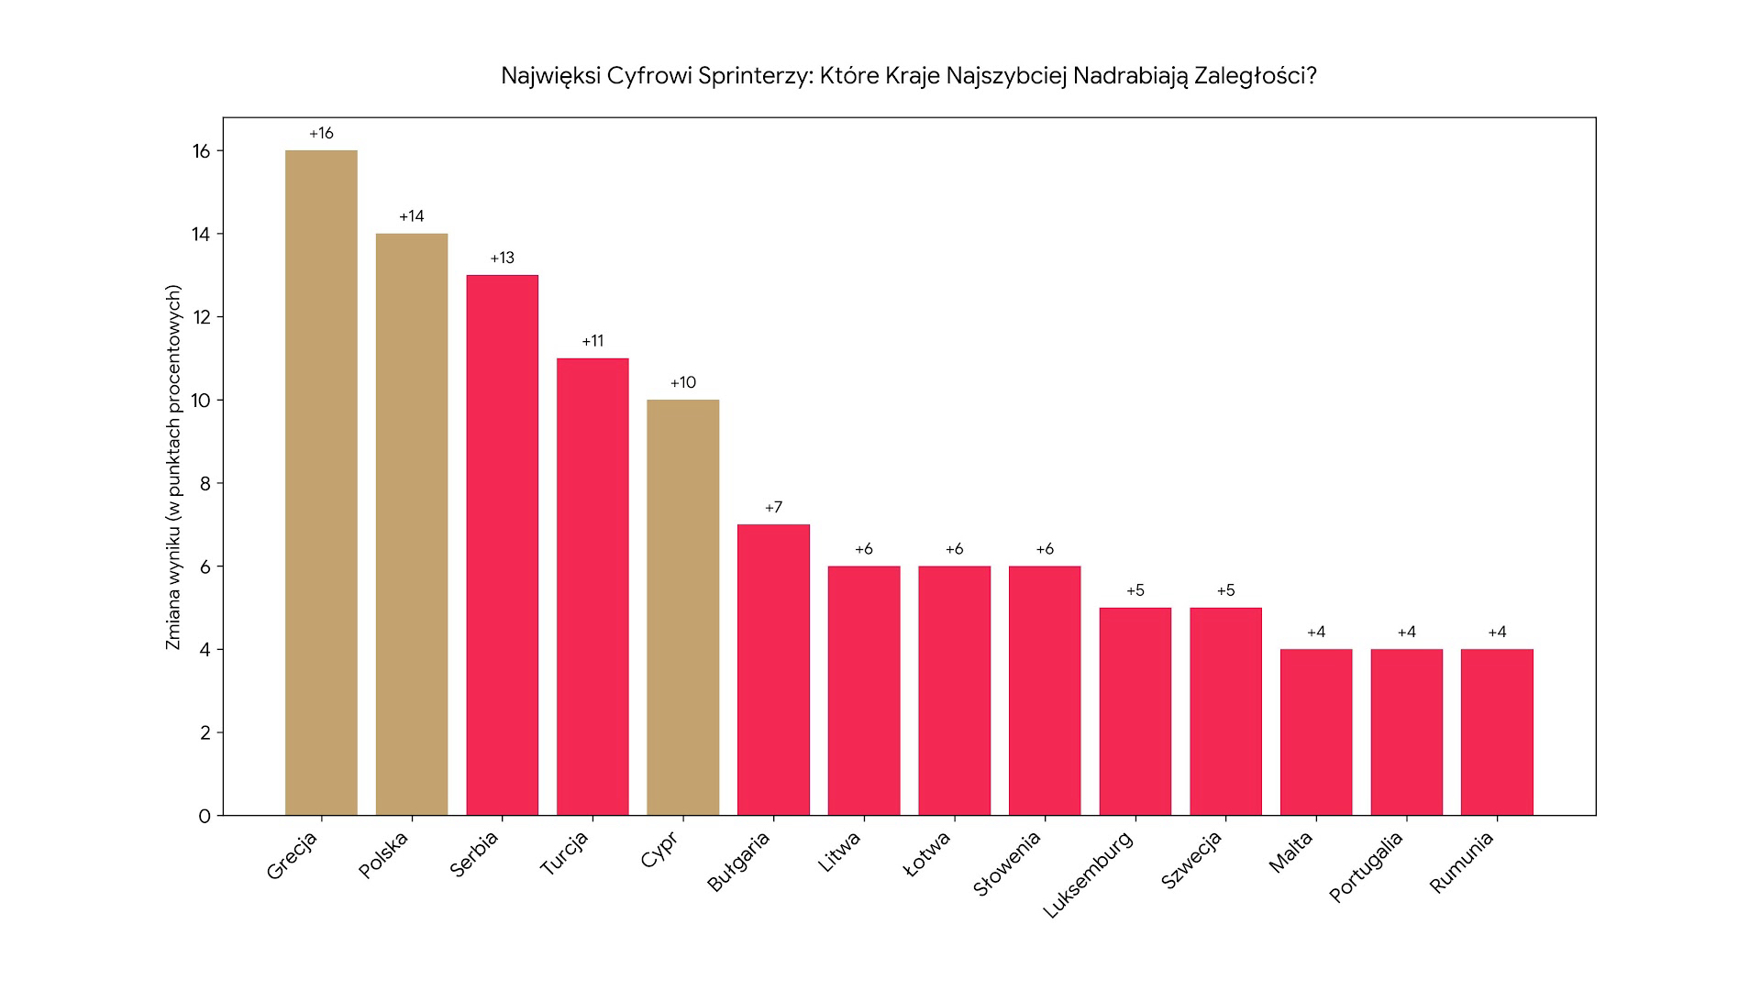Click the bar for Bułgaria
click(773, 670)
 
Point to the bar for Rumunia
click(1497, 732)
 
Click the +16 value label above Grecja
click(321, 134)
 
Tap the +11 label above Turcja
click(593, 341)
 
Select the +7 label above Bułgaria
click(773, 508)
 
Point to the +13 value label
click(502, 258)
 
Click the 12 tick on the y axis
click(201, 317)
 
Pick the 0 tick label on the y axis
click(205, 816)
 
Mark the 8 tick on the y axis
click(205, 483)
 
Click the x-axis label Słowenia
click(1007, 863)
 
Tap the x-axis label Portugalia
click(1366, 866)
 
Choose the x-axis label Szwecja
click(1191, 860)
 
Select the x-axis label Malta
click(1290, 852)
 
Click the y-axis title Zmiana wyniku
click(173, 467)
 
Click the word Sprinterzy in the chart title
click(755, 75)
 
